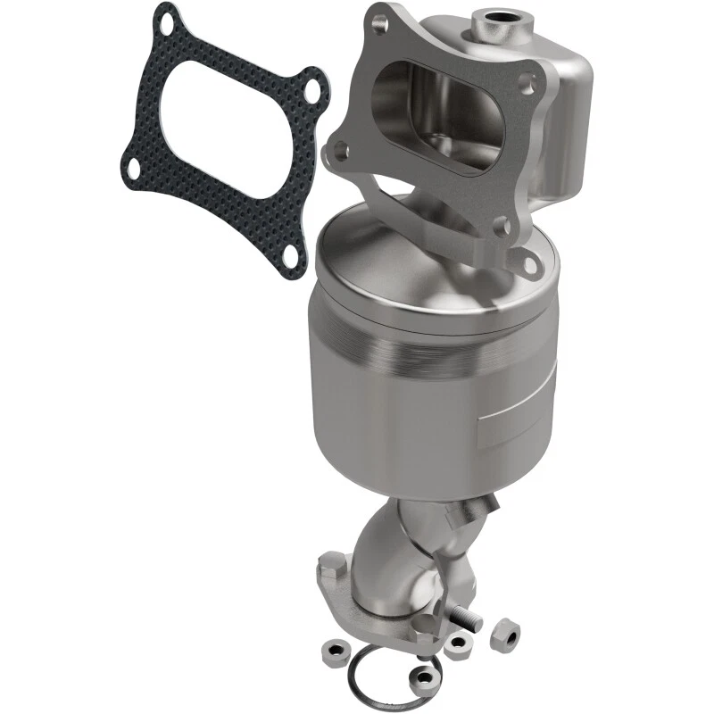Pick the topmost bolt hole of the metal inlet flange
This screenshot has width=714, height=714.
tap(379, 19)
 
